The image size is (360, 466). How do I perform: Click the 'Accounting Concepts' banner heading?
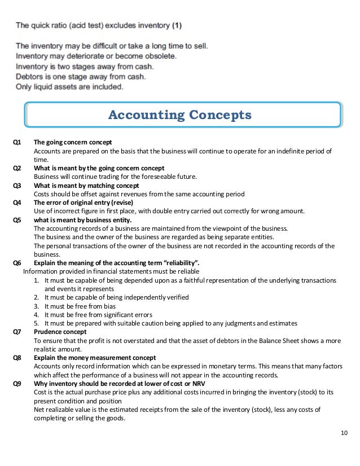click(180, 116)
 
